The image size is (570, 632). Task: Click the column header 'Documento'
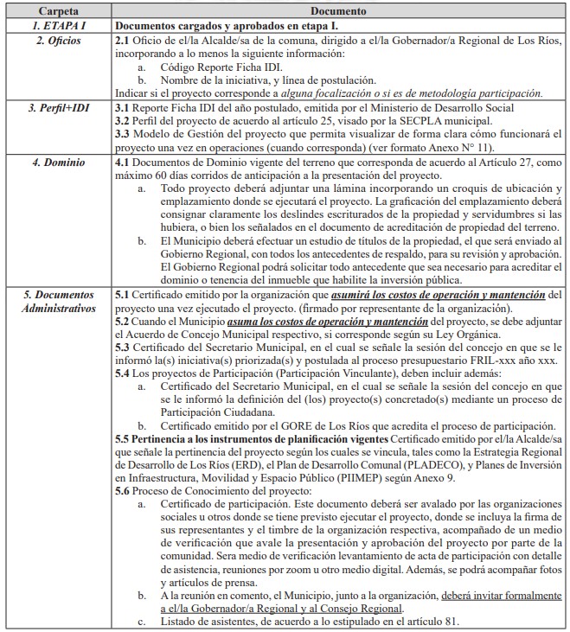(340, 12)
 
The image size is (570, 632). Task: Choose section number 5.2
(122, 322)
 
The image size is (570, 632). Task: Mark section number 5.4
(122, 375)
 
